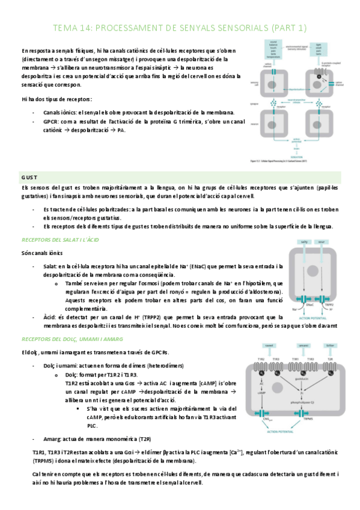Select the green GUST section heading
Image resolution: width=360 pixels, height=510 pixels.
(29, 177)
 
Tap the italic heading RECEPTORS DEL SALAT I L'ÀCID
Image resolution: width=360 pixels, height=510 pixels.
(60, 240)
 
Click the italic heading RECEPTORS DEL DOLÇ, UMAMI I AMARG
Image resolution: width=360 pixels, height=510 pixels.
(75, 339)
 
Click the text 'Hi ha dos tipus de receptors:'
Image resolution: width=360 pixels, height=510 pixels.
(56, 99)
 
